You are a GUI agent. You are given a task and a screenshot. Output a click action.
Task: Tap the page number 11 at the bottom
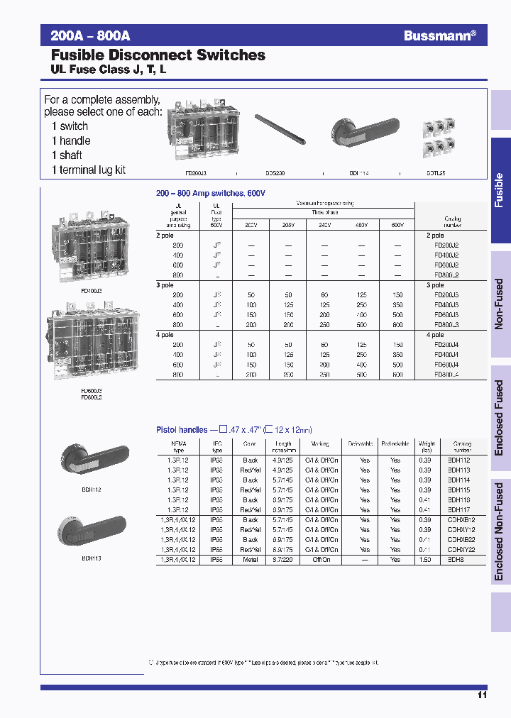[482, 695]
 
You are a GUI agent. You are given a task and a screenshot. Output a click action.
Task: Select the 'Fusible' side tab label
[499, 190]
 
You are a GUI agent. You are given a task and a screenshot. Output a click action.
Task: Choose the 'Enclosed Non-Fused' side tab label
[499, 532]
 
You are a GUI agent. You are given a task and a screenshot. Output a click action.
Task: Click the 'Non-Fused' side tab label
[499, 304]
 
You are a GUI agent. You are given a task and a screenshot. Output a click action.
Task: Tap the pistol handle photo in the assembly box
[362, 132]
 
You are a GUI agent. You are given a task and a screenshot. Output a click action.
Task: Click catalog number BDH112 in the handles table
[458, 460]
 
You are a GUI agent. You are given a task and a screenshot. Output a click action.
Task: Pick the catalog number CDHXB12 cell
[461, 519]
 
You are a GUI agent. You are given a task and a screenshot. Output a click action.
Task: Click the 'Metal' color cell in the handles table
[251, 559]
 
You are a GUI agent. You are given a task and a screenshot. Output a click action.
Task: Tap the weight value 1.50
[426, 559]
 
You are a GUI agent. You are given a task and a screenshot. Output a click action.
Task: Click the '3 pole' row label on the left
[165, 285]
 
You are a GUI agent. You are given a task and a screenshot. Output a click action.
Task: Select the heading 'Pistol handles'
[182, 429]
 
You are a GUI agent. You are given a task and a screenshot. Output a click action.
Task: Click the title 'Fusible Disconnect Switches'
[158, 55]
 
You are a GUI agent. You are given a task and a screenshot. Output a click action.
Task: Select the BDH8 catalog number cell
[454, 559]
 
